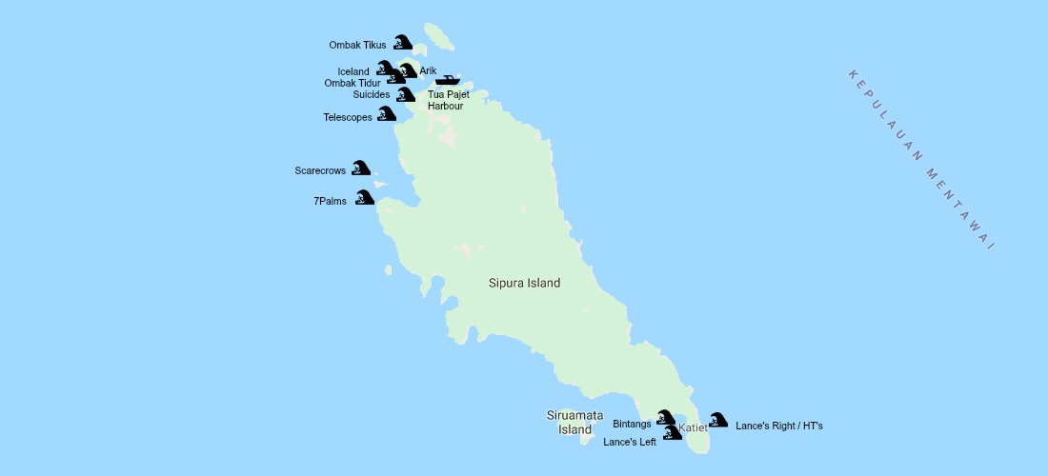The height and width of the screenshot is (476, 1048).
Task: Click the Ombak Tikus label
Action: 357,45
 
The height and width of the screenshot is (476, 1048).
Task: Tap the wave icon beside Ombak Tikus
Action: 403,42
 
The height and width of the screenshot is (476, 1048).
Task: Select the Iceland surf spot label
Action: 353,71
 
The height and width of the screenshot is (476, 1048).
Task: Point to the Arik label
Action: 428,71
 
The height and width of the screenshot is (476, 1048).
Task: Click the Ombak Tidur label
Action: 352,83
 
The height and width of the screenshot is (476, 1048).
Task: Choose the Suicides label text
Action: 371,95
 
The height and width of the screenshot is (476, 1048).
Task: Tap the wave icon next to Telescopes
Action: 386,114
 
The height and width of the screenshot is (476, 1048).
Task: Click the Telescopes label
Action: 347,118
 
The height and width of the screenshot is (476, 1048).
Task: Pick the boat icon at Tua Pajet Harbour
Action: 448,80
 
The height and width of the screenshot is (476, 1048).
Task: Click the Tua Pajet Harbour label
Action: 448,100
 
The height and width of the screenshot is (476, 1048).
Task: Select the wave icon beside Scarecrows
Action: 360,169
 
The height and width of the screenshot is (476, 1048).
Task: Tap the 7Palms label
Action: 330,201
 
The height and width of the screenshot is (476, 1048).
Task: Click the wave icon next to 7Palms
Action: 364,198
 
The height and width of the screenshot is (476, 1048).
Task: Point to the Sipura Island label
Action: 524,283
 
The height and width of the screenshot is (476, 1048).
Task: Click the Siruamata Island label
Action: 574,422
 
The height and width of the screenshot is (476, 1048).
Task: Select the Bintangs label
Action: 632,424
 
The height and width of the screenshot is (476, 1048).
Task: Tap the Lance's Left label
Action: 630,442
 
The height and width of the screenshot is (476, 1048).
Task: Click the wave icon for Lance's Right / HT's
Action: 718,420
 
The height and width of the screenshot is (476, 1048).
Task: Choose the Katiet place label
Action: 693,428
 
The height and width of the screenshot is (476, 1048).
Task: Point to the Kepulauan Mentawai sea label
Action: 920,160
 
